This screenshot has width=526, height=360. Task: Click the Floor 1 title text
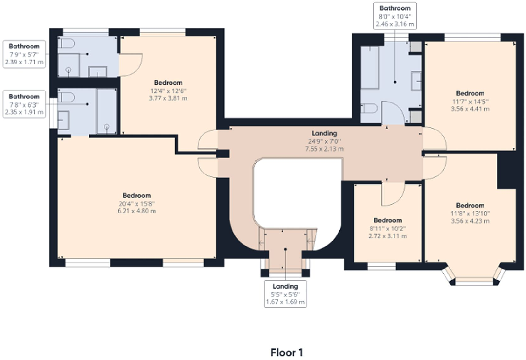(287, 352)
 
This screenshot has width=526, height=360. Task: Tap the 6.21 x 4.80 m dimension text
(137, 211)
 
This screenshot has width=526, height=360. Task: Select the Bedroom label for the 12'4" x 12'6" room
(168, 83)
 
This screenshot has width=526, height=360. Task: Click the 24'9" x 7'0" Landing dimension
(324, 141)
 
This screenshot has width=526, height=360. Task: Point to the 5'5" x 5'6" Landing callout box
(285, 294)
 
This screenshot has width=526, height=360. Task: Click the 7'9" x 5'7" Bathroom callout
(24, 54)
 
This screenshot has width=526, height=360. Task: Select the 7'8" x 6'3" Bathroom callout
(24, 104)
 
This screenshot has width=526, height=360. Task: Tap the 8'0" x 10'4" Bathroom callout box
(395, 16)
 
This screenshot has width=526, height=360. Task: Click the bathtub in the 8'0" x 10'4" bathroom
(369, 67)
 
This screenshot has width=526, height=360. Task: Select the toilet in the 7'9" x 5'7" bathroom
(66, 43)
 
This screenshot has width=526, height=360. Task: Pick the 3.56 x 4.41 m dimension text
(470, 109)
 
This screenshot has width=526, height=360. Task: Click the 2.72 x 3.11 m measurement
(387, 236)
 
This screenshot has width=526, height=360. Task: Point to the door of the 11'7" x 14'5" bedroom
(434, 138)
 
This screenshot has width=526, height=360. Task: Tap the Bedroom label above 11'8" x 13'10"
(470, 205)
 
